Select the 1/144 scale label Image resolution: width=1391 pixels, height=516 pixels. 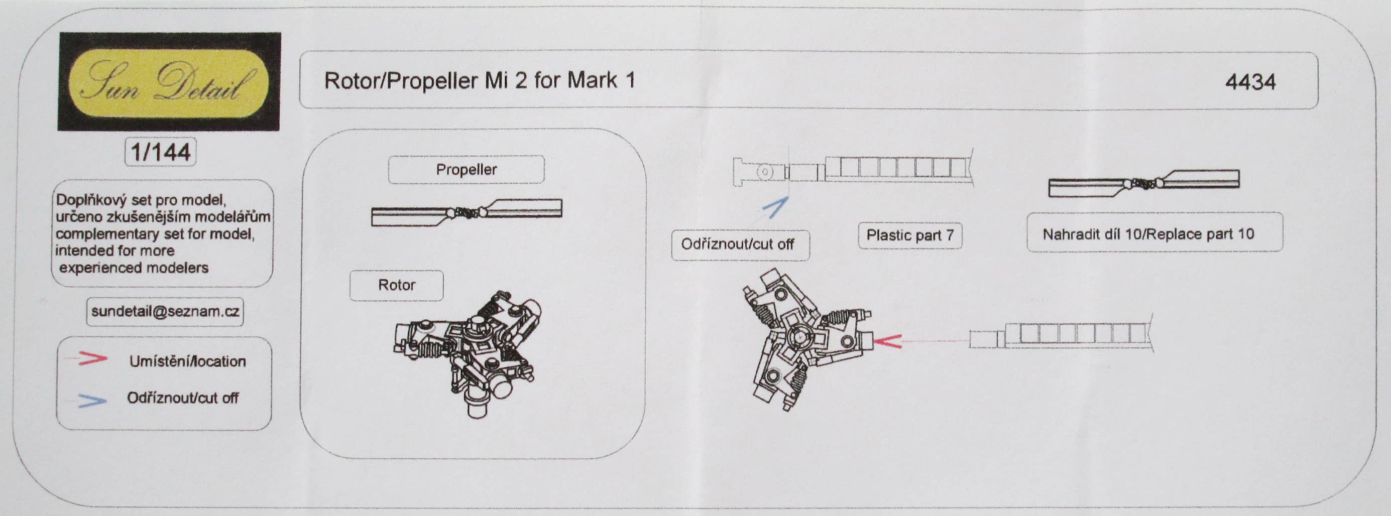(160, 152)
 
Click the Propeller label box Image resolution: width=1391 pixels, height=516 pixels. (466, 170)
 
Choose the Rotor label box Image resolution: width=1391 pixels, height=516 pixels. (396, 285)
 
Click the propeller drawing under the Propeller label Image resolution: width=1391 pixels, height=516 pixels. (467, 213)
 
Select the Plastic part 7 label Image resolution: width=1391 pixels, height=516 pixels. (910, 235)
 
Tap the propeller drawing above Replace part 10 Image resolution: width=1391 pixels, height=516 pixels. (1144, 184)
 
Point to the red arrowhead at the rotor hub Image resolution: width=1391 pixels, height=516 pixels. (886, 341)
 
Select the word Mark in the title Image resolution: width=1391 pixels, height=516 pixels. (592, 80)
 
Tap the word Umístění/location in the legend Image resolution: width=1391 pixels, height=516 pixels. (187, 361)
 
